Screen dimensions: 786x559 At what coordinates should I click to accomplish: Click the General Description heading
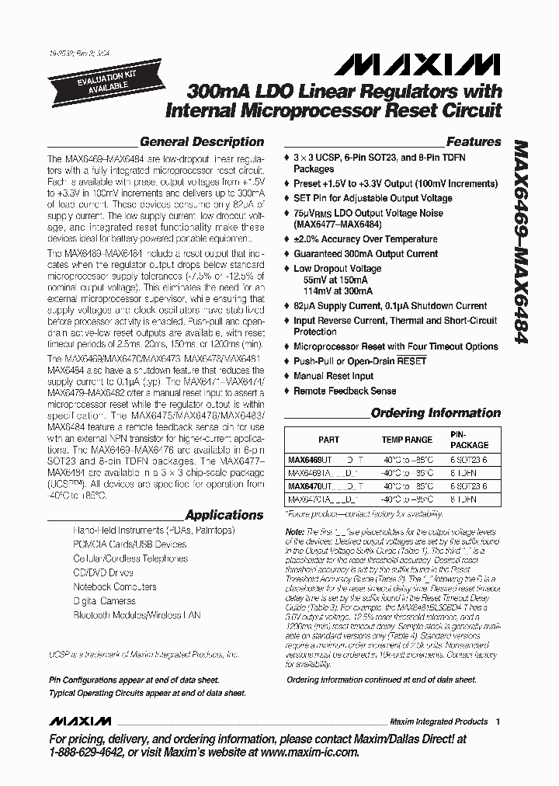pyautogui.click(x=202, y=142)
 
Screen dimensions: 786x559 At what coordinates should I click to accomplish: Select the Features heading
pyautogui.click(x=473, y=142)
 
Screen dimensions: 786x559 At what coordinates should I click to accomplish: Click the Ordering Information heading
pyautogui.click(x=436, y=413)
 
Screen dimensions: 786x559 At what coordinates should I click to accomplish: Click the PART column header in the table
pyautogui.click(x=328, y=440)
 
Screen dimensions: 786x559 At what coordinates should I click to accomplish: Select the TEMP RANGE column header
pyautogui.click(x=406, y=440)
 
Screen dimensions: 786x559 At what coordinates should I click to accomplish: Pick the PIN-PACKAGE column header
pyautogui.click(x=470, y=440)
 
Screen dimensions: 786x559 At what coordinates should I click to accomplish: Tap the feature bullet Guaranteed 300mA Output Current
pyautogui.click(x=365, y=253)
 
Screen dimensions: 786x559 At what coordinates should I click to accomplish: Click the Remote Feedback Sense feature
pyautogui.click(x=344, y=391)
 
